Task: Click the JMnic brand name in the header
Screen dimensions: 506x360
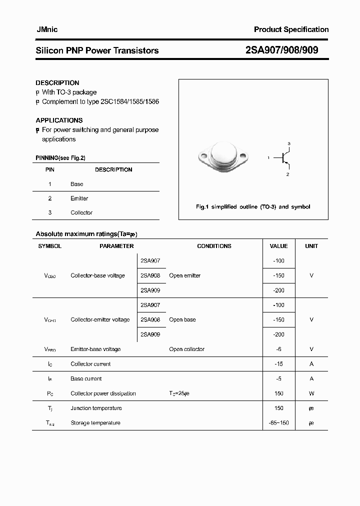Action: click(47, 29)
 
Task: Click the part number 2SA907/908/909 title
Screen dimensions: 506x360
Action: click(282, 50)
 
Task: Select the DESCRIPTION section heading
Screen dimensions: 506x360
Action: click(57, 83)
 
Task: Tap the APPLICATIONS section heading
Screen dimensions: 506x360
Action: click(59, 120)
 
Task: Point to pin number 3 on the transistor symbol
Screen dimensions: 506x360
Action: click(288, 143)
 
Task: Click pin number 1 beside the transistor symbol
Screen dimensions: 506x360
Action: click(268, 158)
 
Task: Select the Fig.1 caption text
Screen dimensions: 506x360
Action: click(252, 206)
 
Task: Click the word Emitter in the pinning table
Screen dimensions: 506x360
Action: click(79, 198)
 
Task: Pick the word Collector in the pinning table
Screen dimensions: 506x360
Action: click(81, 212)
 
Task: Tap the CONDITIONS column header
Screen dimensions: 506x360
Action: click(214, 246)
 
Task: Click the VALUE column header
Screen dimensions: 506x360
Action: click(278, 246)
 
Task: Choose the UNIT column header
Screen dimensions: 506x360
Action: click(311, 246)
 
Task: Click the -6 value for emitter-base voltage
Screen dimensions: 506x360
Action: click(278, 349)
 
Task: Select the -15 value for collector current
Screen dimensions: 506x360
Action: click(278, 364)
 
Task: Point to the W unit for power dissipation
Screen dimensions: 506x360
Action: click(311, 393)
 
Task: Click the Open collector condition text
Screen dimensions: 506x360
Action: click(186, 349)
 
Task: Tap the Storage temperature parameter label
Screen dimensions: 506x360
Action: click(95, 423)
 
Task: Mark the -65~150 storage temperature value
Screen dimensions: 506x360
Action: click(278, 423)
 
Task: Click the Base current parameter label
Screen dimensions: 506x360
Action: click(86, 378)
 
